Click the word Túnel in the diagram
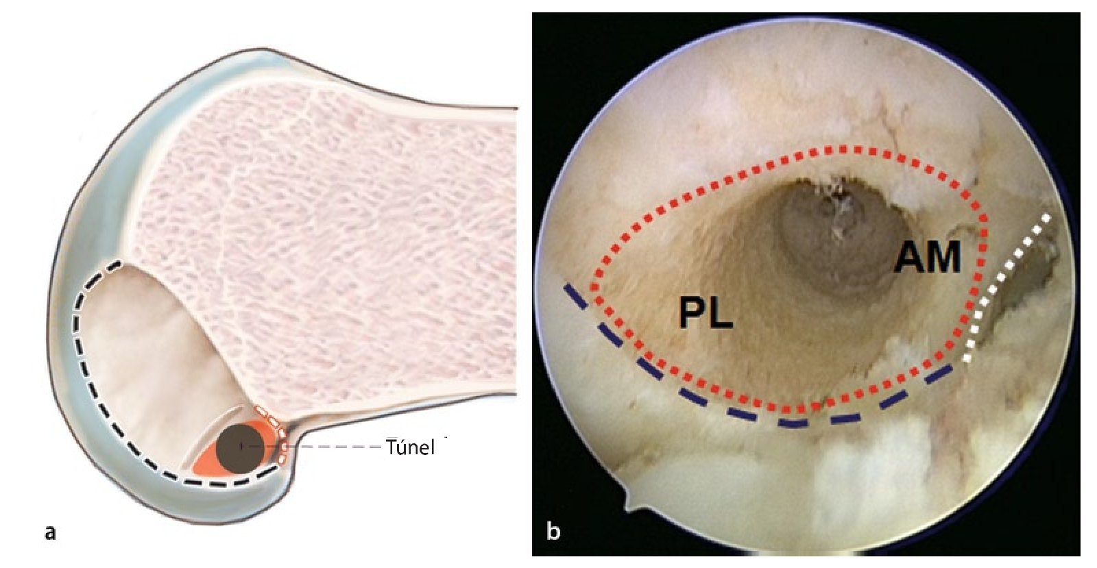point(410,448)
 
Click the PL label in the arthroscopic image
point(706,313)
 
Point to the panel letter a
point(49,531)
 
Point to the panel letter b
point(554,531)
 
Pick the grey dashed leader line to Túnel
point(336,447)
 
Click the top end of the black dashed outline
point(118,262)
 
